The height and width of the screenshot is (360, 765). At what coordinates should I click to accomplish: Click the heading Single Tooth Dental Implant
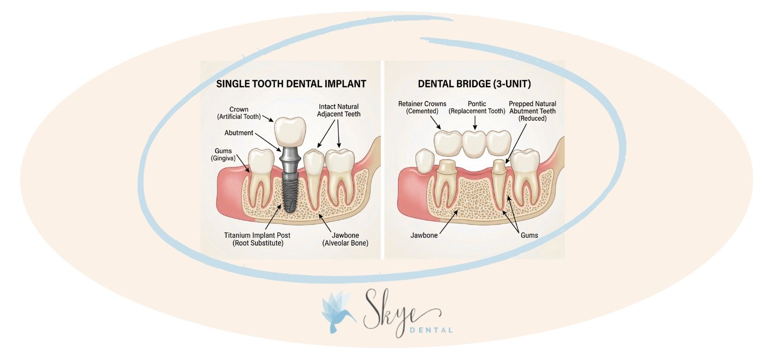point(290,84)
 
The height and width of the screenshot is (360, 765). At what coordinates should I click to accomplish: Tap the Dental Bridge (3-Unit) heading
point(474,84)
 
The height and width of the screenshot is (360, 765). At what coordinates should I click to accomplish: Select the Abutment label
point(239,133)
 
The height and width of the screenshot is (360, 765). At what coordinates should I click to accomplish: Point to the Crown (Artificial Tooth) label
point(239,113)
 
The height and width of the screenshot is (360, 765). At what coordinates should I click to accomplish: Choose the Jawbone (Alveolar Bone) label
point(345,239)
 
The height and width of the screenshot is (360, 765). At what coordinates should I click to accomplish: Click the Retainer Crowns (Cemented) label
point(422,107)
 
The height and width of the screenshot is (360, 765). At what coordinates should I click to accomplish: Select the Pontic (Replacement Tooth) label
point(477,107)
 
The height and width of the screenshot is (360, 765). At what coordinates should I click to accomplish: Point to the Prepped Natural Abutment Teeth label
point(533,111)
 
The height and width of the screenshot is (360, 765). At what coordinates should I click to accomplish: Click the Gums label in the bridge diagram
point(529,235)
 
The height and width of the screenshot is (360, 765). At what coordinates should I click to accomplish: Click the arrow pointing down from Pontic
point(475,123)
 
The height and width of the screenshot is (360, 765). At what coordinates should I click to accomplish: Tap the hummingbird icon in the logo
point(337,312)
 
